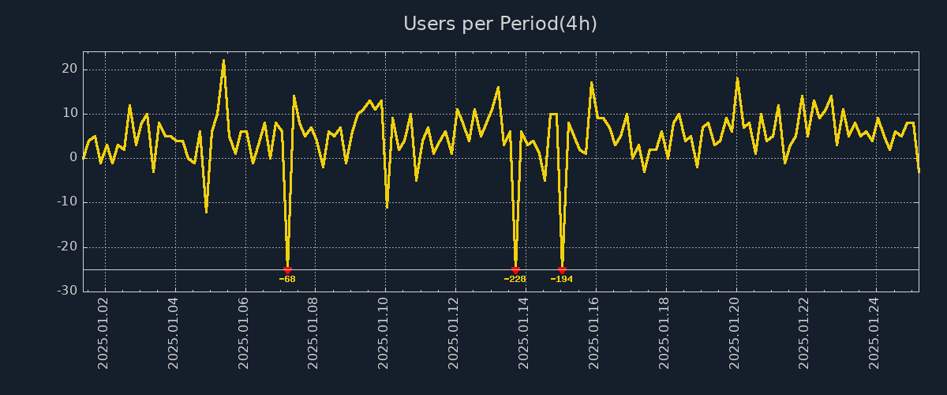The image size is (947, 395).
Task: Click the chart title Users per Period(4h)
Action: click(x=500, y=24)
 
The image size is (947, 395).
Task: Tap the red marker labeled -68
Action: click(x=287, y=270)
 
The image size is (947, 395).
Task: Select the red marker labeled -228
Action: click(x=515, y=270)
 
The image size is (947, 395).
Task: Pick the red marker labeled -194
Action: click(x=562, y=270)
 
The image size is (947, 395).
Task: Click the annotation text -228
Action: click(x=515, y=280)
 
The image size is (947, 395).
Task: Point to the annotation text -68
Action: click(x=287, y=280)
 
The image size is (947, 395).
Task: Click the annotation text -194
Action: click(x=562, y=280)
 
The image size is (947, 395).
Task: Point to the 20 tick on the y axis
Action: click(x=69, y=70)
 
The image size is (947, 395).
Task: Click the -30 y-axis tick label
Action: click(x=66, y=292)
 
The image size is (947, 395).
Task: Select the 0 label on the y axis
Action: click(x=73, y=158)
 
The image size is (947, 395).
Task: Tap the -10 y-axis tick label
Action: click(x=66, y=202)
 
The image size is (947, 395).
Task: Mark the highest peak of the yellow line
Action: click(x=223, y=60)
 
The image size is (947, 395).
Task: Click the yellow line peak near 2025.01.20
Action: click(x=737, y=78)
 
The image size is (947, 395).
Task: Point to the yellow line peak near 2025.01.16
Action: click(x=591, y=82)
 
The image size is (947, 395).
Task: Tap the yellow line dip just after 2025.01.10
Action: click(x=387, y=207)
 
